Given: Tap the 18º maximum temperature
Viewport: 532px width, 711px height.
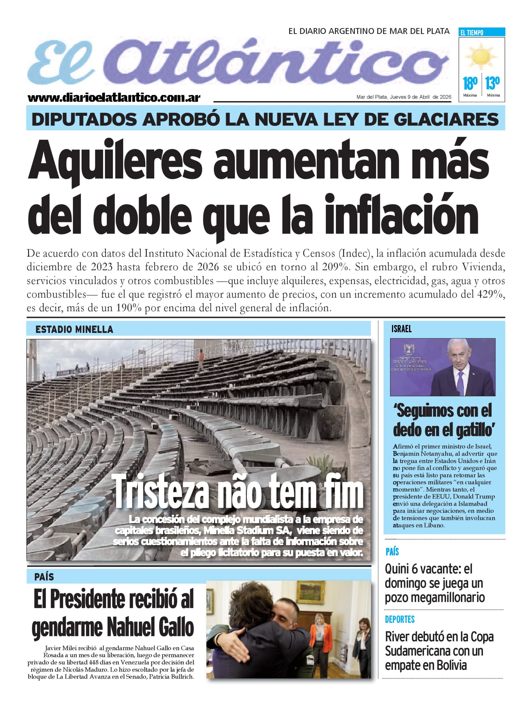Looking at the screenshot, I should coord(469,84).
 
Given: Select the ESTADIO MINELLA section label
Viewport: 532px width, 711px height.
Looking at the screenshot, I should coord(74,329).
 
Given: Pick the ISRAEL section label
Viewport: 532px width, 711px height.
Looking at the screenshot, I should coord(401,329).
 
